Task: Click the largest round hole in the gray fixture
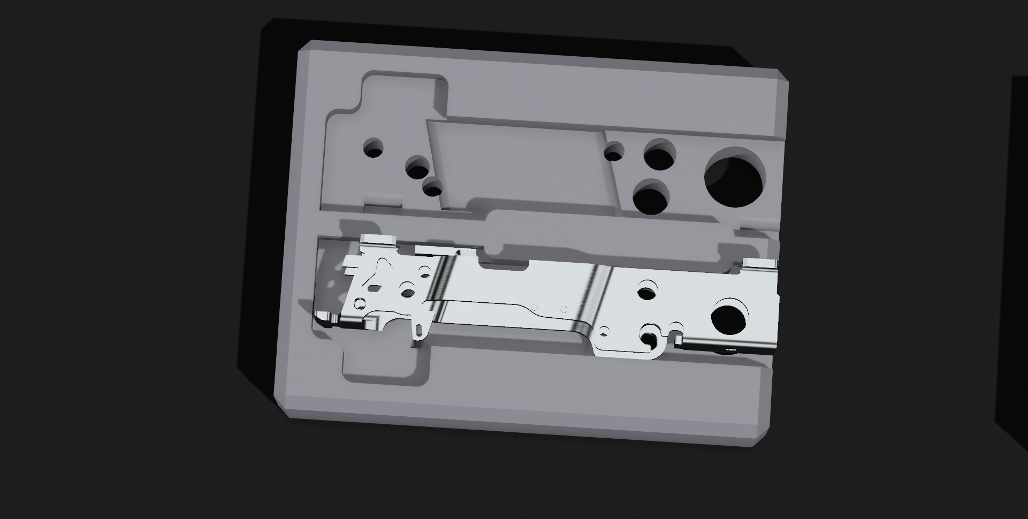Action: pos(734,178)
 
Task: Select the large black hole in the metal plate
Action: pos(728,318)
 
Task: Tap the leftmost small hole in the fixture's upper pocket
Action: pos(373,148)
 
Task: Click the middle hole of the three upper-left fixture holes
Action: pos(417,169)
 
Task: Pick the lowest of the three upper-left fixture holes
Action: pos(432,188)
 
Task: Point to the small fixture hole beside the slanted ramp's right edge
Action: pos(614,152)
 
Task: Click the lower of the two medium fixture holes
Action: pos(651,197)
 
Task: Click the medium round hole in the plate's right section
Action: pos(647,292)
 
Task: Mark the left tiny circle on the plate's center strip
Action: pos(534,307)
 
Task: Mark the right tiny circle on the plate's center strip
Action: pos(564,309)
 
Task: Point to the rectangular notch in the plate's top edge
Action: pos(503,263)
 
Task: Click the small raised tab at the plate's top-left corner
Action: pos(377,239)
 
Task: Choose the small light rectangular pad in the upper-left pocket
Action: pos(383,201)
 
